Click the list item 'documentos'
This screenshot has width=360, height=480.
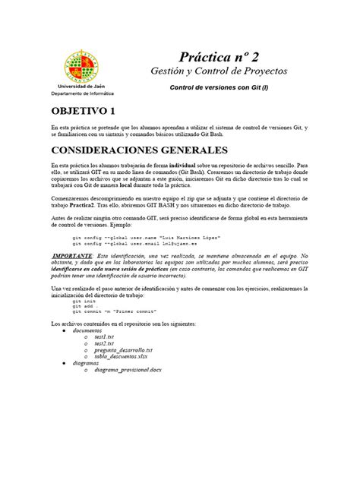(88, 331)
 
